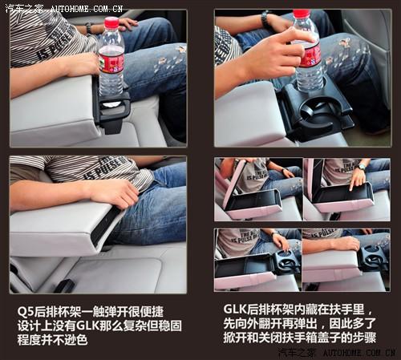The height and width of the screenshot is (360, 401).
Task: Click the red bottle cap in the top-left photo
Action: click(x=111, y=22)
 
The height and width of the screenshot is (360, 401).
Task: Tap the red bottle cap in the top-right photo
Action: click(x=301, y=14)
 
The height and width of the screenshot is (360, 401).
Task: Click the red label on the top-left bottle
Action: click(x=111, y=60)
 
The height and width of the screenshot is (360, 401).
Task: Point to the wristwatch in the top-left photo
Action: click(x=89, y=28)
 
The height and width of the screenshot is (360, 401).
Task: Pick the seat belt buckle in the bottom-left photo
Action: click(x=65, y=285)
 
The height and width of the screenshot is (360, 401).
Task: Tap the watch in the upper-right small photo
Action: click(x=363, y=167)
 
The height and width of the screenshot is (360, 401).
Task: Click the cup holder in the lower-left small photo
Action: click(x=284, y=261)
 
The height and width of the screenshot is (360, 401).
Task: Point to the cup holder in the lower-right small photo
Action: click(x=371, y=257)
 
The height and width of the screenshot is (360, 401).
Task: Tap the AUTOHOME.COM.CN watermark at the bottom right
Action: click(x=358, y=353)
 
